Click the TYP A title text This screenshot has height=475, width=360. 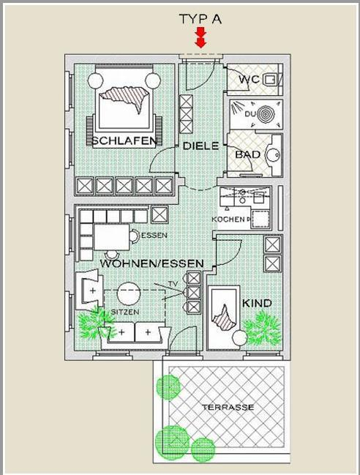coord(200,19)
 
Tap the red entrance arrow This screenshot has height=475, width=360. coord(200,37)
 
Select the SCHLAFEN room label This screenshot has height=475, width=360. coord(124,141)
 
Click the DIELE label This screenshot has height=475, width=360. coord(200,146)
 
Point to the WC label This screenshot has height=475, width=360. coord(249,80)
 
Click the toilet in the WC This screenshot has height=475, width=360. coord(271,80)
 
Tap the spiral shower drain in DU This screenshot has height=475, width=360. coord(266,115)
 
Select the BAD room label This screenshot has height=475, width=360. coord(247,154)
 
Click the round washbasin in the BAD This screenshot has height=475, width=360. coord(273,154)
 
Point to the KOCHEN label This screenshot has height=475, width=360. coord(228,219)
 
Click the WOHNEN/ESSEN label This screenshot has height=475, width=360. coord(151,263)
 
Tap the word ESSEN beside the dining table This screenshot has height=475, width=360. coord(154,235)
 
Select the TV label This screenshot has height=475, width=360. coord(173,284)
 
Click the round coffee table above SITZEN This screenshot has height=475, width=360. coord(129,293)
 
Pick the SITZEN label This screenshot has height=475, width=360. coord(125,312)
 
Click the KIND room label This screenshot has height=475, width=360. coord(257,303)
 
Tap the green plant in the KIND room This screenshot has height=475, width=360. coord(262,329)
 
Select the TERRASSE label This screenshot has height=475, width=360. coord(228,407)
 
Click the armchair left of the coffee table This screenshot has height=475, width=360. coord(89,291)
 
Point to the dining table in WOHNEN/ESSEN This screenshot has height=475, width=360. coord(112,237)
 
